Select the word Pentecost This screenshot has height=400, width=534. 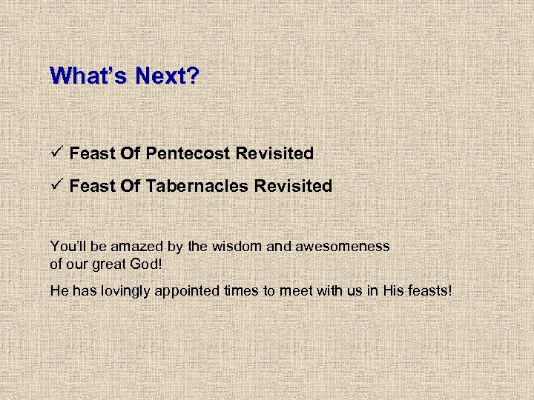[x=188, y=153]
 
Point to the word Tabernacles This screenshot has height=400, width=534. [x=197, y=186]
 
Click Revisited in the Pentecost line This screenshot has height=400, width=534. [x=274, y=153]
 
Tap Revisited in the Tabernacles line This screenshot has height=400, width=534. [x=293, y=186]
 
